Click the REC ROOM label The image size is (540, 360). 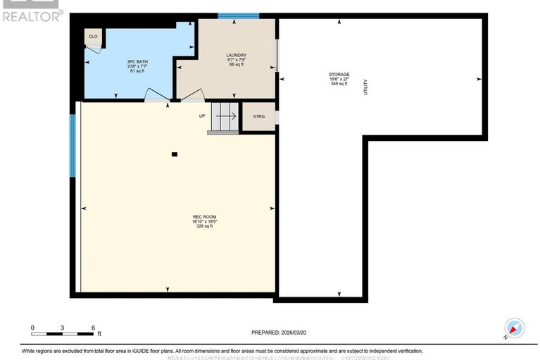(x=203, y=216)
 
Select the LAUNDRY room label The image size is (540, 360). (x=236, y=55)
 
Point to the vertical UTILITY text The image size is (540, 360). (x=366, y=87)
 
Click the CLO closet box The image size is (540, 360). (x=93, y=36)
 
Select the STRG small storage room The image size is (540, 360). (x=258, y=116)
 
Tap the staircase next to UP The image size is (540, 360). (x=226, y=116)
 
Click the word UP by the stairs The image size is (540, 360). (x=202, y=116)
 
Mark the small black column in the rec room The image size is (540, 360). (x=175, y=154)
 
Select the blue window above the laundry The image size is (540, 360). (x=238, y=15)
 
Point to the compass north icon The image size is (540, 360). (x=515, y=328)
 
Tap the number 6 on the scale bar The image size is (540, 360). (x=94, y=328)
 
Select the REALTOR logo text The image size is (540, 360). (x=32, y=15)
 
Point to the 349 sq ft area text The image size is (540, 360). (x=339, y=84)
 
